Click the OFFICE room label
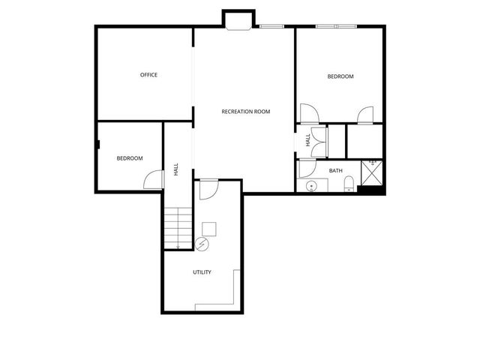pos(148,74)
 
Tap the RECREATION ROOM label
pos(245,112)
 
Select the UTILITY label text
pos(202,272)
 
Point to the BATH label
pos(335,171)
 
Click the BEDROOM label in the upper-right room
pos(340,76)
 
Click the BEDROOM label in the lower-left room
pos(129,158)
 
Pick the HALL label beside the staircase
pos(176,169)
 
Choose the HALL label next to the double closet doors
pos(307,140)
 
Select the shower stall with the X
pos(373,172)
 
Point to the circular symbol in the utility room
pos(201,243)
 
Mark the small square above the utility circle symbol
pos(209,228)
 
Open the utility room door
pos(208,188)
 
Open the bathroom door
pos(308,169)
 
